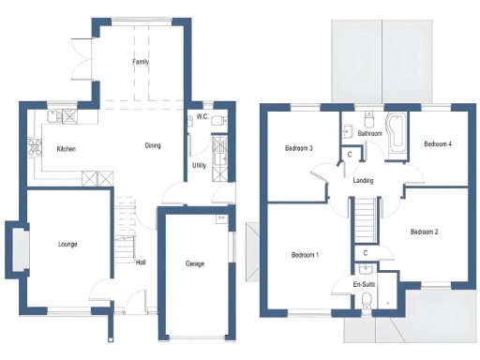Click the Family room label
coord(141,62)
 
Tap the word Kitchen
coord(66,149)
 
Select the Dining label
coord(153,145)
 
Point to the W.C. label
coord(202,117)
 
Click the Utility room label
coord(199,165)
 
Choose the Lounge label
coord(67,244)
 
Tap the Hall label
coord(141,262)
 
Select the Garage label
coord(195,263)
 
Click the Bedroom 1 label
coord(305,255)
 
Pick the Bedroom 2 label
coord(424,231)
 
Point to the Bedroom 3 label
coord(298,148)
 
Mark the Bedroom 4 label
coord(438,144)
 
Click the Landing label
coord(366,181)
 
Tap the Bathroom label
coord(369,134)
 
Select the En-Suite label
coord(364,283)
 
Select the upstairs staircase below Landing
coord(364,220)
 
